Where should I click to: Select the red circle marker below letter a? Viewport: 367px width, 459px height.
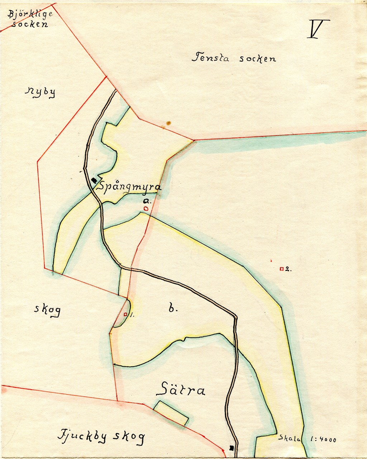point(146,208)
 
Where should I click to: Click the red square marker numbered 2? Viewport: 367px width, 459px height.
point(282,269)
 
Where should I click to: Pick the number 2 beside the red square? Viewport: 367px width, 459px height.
point(287,269)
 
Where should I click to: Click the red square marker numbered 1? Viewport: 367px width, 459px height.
point(125,314)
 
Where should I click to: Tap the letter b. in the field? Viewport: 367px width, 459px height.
point(172,308)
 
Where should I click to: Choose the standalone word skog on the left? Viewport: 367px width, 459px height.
point(47,309)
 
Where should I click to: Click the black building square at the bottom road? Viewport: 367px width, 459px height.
point(232,448)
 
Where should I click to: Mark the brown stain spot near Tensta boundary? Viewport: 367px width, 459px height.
point(167,124)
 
